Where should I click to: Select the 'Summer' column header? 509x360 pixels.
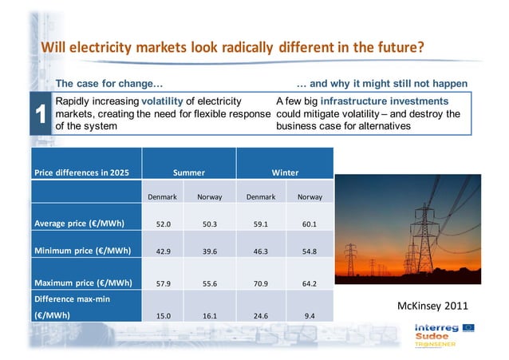pyautogui.click(x=189, y=172)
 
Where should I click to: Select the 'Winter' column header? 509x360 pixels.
pyautogui.click(x=285, y=172)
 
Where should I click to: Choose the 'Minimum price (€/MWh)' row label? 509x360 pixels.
pyautogui.click(x=81, y=251)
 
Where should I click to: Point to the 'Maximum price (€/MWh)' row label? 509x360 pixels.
pyautogui.click(x=82, y=283)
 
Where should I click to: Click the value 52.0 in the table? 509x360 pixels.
pyautogui.click(x=164, y=224)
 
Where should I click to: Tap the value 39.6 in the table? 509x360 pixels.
pyautogui.click(x=209, y=252)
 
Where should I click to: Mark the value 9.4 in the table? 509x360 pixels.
pyautogui.click(x=310, y=316)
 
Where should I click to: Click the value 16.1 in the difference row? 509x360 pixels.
pyautogui.click(x=209, y=316)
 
